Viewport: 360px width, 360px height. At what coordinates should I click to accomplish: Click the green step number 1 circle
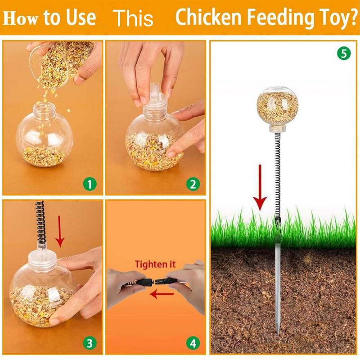pyautogui.click(x=90, y=184)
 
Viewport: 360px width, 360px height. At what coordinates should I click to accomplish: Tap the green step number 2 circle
pyautogui.click(x=193, y=184)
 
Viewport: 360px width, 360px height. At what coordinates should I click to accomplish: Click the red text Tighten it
pyautogui.click(x=155, y=264)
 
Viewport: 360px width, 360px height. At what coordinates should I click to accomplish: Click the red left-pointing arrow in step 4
pyautogui.click(x=161, y=295)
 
